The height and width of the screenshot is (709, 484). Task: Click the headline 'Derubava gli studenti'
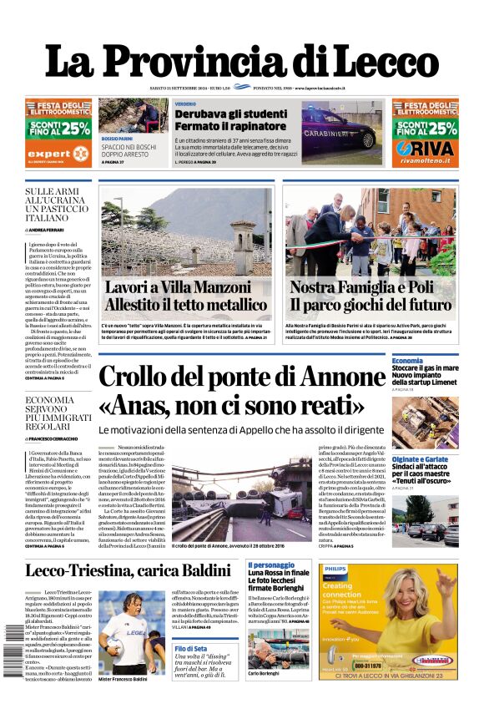[x=230, y=114]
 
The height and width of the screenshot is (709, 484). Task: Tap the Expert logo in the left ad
[x=48, y=154]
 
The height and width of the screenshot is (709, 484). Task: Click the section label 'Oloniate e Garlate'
[x=420, y=459]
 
